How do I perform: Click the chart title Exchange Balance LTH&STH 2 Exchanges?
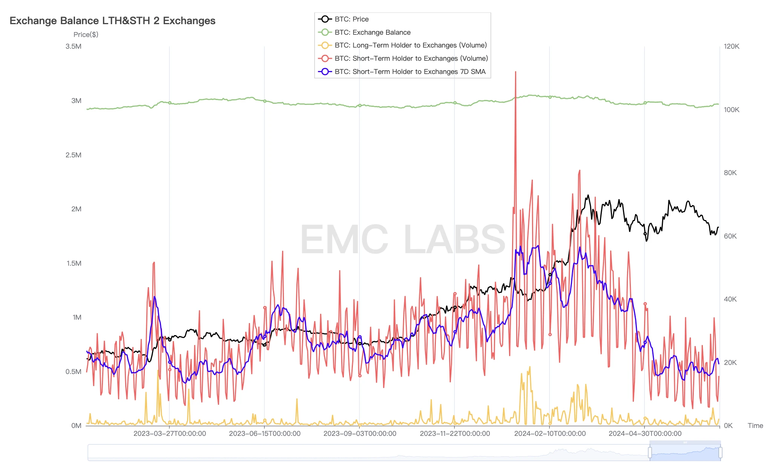tap(112, 21)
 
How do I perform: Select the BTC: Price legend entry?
tap(351, 19)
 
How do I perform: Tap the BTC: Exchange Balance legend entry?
tap(372, 32)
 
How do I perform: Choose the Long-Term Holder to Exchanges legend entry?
tap(410, 45)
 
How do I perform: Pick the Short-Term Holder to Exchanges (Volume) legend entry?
tap(411, 58)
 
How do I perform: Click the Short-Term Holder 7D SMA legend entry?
tap(410, 72)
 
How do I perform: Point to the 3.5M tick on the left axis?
tap(74, 46)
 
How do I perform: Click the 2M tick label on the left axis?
tap(76, 209)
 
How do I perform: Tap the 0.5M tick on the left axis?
tap(74, 372)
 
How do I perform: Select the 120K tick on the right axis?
tap(732, 46)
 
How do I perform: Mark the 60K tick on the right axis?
tap(730, 236)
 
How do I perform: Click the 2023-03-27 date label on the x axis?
tap(170, 434)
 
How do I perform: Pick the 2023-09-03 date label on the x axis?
tap(360, 434)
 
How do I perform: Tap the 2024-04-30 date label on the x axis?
tap(645, 434)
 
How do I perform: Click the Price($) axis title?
tap(86, 35)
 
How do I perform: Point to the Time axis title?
tap(755, 426)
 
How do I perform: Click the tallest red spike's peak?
tap(515, 72)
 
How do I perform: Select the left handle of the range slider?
tap(650, 452)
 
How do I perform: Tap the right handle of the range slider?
tap(720, 452)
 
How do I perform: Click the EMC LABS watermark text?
tap(402, 239)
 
